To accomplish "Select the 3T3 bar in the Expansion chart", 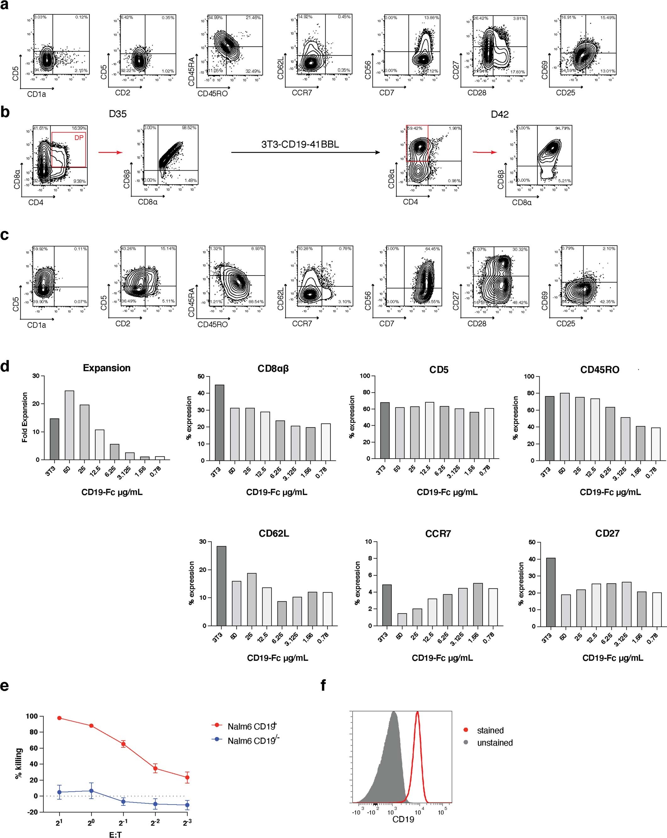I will tap(54, 439).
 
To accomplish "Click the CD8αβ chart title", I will tap(273, 368).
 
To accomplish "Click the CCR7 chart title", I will tap(438, 534).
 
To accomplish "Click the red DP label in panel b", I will tap(79, 138).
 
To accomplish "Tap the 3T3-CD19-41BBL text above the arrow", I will tap(300, 144).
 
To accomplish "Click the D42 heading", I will tap(500, 114).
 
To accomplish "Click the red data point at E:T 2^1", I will tap(59, 718).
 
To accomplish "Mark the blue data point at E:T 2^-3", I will tap(187, 805).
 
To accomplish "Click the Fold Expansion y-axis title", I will tap(25, 417).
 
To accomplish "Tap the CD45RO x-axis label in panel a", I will tap(212, 94).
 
